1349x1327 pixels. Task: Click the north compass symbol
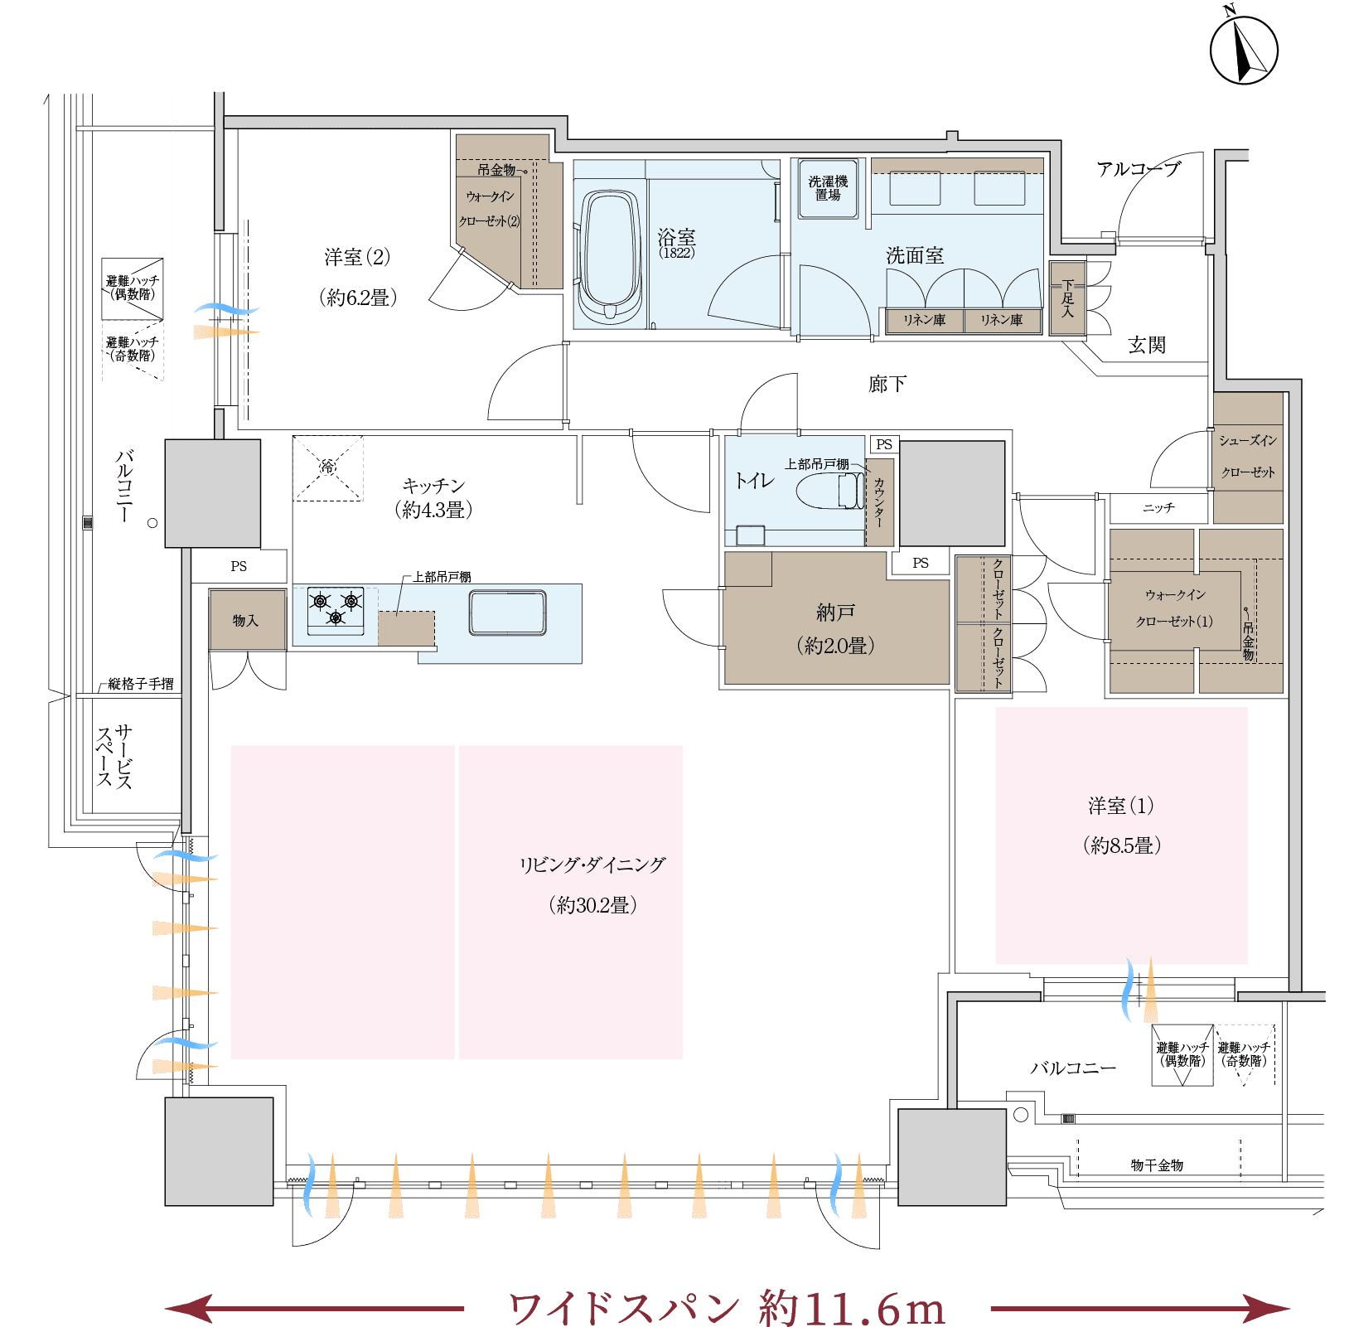tap(1243, 48)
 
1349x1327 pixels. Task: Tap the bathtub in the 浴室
tap(611, 255)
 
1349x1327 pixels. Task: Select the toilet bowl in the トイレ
tap(829, 491)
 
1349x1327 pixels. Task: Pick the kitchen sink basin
tap(507, 613)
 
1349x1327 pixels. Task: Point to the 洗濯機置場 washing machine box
tap(828, 189)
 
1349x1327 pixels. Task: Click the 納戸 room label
tap(835, 613)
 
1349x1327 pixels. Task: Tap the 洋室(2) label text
tap(357, 257)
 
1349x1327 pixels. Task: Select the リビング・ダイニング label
tap(592, 864)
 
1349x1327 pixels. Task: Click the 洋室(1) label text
tap(1121, 806)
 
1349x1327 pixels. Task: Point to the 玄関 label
tap(1147, 345)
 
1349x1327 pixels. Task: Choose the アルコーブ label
tap(1139, 169)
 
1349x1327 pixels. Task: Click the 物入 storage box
tap(247, 620)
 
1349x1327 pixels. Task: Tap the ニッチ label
tap(1158, 507)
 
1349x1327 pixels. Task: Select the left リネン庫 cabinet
tap(925, 321)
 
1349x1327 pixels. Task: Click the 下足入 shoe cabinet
tap(1067, 298)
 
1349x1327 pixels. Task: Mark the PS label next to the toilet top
tap(884, 444)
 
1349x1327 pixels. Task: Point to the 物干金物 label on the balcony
tap(1157, 1165)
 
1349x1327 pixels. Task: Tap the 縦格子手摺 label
tap(141, 684)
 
